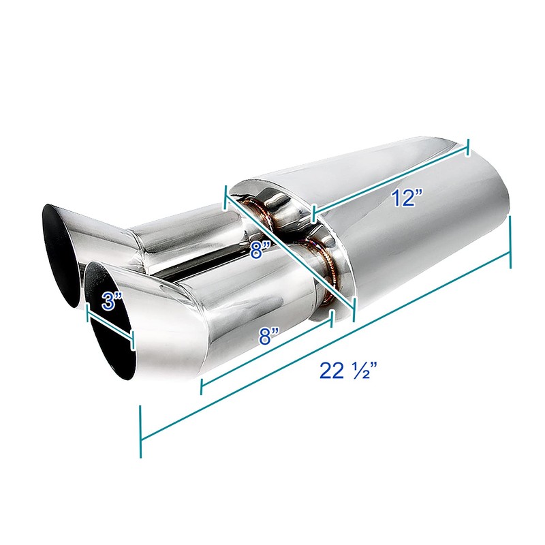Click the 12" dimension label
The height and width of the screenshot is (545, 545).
pos(407,198)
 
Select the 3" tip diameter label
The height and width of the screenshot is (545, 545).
pos(112,302)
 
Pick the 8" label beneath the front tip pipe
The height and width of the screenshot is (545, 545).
pos(270,337)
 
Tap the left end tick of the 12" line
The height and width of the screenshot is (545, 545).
pos(312,214)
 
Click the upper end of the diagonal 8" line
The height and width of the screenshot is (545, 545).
pos(225,196)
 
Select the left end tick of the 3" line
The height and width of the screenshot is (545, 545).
pos(87,311)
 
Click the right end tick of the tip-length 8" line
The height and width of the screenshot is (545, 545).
pos(330,319)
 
